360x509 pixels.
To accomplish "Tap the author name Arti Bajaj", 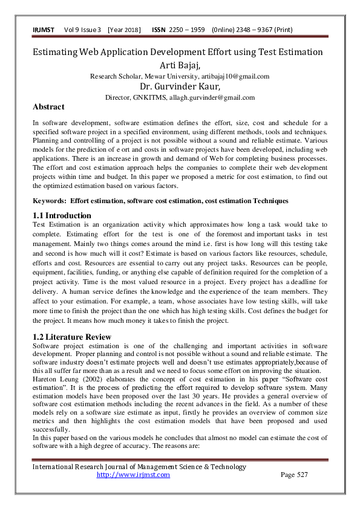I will coord(179,65).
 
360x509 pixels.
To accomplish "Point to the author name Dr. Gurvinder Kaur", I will coord(179,86).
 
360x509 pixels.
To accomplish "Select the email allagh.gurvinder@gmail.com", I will coord(215,97).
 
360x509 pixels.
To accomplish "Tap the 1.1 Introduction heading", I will coord(62,216).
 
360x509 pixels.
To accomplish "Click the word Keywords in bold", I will coord(49,200).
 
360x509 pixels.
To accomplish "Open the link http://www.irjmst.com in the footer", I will coord(133,475).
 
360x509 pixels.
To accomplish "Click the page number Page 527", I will coord(295,475).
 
